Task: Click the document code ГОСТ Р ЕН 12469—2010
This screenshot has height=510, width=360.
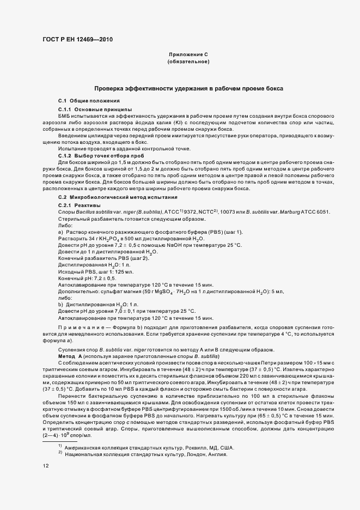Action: pyautogui.click(x=75, y=39)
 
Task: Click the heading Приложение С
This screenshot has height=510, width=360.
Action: pyautogui.click(x=188, y=54)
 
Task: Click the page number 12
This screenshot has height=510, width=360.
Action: pyautogui.click(x=46, y=466)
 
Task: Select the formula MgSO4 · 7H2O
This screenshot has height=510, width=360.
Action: pyautogui.click(x=144, y=292)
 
